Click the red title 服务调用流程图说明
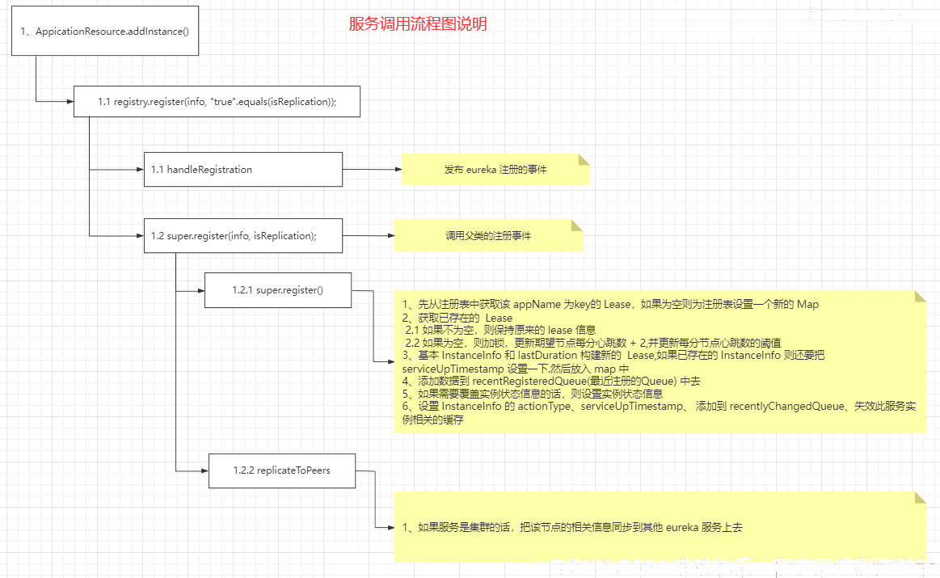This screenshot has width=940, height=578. (418, 24)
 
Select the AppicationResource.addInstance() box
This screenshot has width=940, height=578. (104, 32)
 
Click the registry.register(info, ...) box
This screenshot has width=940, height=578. (216, 102)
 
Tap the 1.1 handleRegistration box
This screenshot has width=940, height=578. (242, 170)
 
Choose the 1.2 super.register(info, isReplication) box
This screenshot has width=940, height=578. (242, 236)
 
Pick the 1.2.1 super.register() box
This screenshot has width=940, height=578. (277, 289)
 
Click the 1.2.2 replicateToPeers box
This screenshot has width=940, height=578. (281, 470)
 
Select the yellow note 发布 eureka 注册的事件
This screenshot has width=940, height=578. (495, 170)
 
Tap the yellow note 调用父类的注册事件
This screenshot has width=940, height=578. (488, 236)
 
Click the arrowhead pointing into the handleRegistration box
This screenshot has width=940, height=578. (138, 170)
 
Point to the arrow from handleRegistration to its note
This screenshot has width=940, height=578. (372, 170)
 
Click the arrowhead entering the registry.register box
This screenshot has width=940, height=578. (69, 101)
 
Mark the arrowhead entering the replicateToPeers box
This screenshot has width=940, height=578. (203, 470)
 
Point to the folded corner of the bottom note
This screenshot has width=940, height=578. (919, 497)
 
